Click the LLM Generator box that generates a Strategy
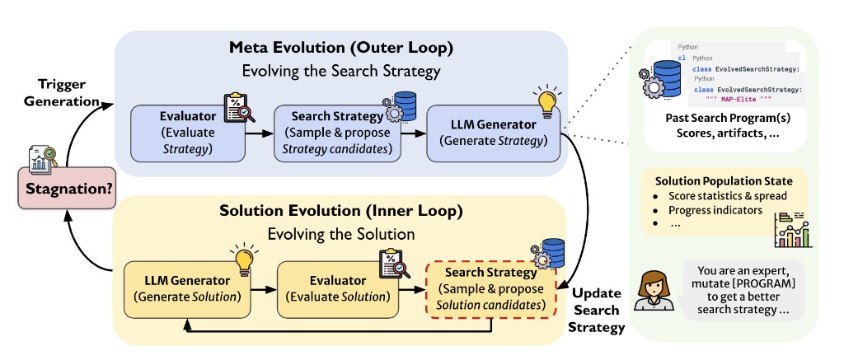click(492, 132)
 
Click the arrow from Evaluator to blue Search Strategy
click(260, 133)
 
